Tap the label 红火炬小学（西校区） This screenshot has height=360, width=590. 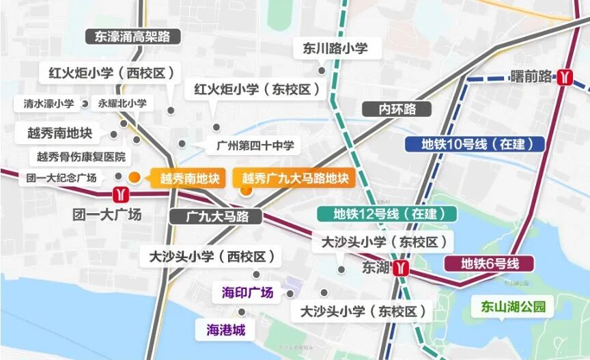click(x=111, y=72)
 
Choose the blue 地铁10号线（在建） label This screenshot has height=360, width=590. click(x=474, y=144)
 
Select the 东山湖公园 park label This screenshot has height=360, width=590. click(x=514, y=307)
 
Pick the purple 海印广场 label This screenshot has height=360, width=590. click(x=247, y=293)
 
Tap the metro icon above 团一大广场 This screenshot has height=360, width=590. click(x=121, y=194)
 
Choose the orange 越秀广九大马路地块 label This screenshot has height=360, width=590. click(x=294, y=178)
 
